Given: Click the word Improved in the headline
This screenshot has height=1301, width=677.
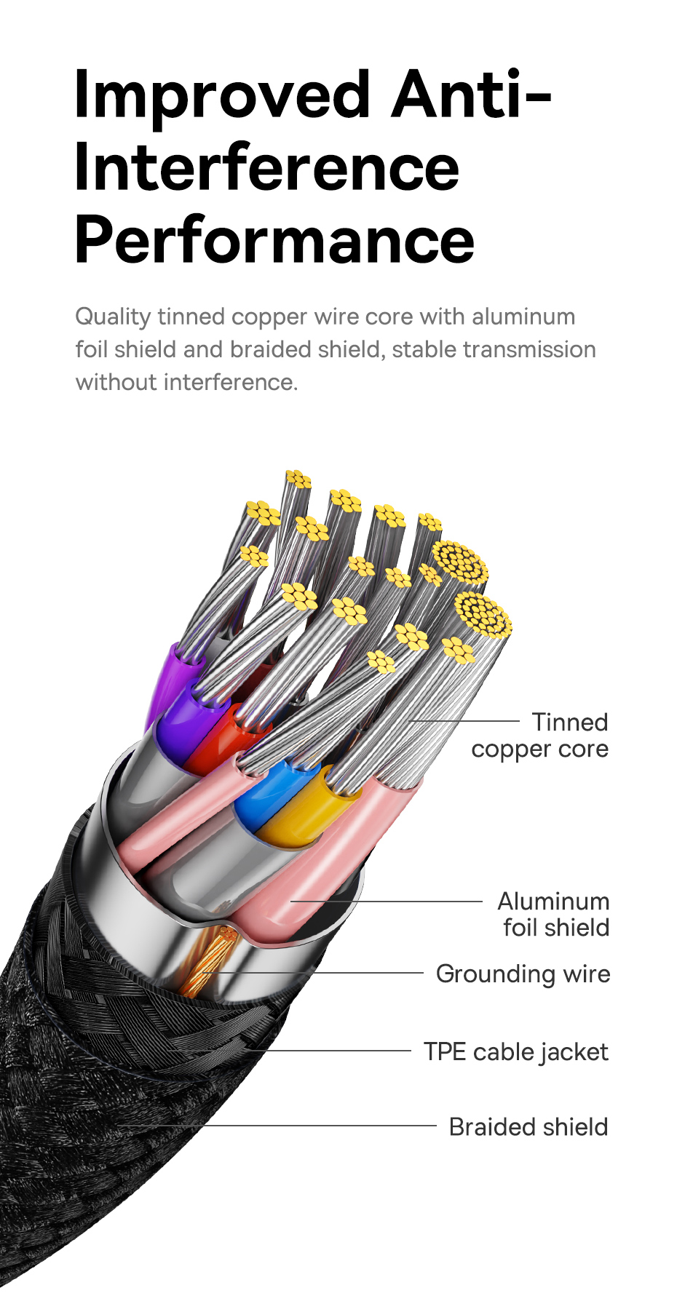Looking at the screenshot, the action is coord(223,96).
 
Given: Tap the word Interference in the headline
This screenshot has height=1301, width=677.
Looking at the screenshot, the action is coord(267,168).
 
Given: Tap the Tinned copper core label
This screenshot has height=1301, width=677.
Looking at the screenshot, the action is coord(539,736).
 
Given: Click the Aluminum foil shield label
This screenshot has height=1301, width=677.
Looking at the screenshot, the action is coord(553,915).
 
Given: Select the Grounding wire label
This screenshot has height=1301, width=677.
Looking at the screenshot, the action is coord(523,974).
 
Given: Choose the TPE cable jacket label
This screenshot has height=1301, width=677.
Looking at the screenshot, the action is coord(516,1052).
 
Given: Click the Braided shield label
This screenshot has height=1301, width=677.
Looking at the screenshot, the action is coord(528,1127).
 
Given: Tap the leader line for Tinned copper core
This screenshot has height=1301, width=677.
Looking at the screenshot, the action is coord(465,721).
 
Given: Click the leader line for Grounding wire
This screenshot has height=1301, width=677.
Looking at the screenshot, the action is coord(314,973).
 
